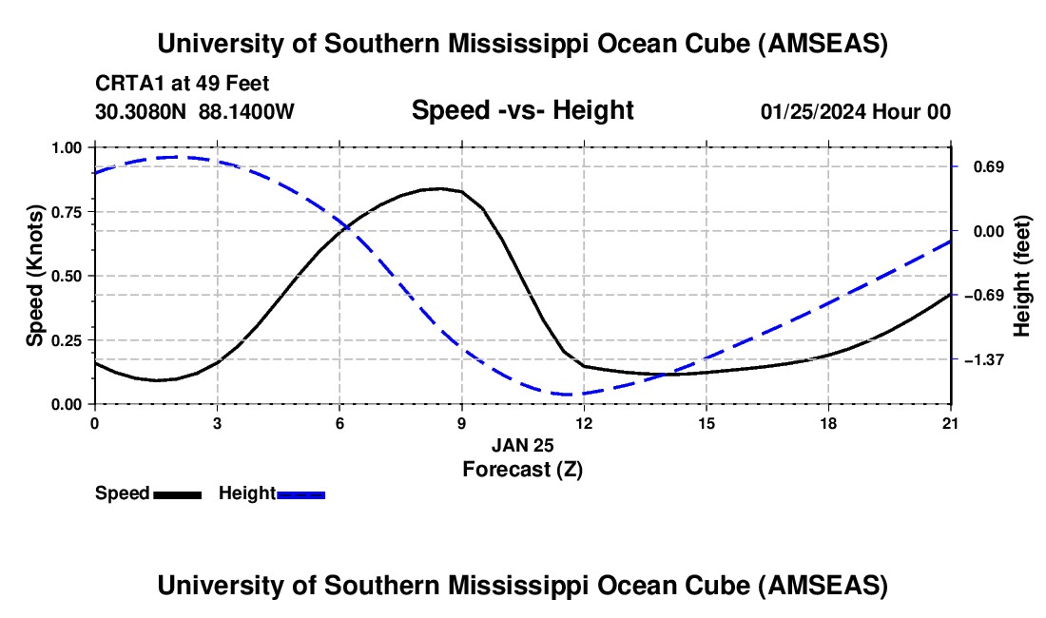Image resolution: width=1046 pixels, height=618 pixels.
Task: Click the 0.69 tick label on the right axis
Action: (x=986, y=167)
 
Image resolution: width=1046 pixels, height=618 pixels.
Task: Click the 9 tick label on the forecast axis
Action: (x=461, y=422)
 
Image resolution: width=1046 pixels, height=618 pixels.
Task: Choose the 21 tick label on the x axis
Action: (x=951, y=422)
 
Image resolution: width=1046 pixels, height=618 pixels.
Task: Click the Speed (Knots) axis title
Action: (x=35, y=276)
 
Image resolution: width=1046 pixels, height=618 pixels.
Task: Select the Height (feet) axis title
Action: (x=1022, y=276)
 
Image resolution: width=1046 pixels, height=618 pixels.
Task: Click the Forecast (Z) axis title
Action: (x=522, y=468)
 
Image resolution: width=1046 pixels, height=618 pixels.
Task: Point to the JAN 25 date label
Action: (x=522, y=445)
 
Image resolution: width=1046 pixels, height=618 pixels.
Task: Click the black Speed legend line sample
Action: (x=177, y=494)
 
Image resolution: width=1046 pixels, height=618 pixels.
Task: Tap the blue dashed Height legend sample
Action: (x=300, y=494)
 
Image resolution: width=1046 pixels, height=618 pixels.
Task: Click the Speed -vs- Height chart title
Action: (x=522, y=110)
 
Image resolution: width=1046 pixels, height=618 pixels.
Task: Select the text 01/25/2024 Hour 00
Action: (x=855, y=111)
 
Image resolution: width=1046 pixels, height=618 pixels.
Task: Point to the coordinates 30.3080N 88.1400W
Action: (x=195, y=111)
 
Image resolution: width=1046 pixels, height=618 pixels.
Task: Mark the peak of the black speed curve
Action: (x=438, y=188)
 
